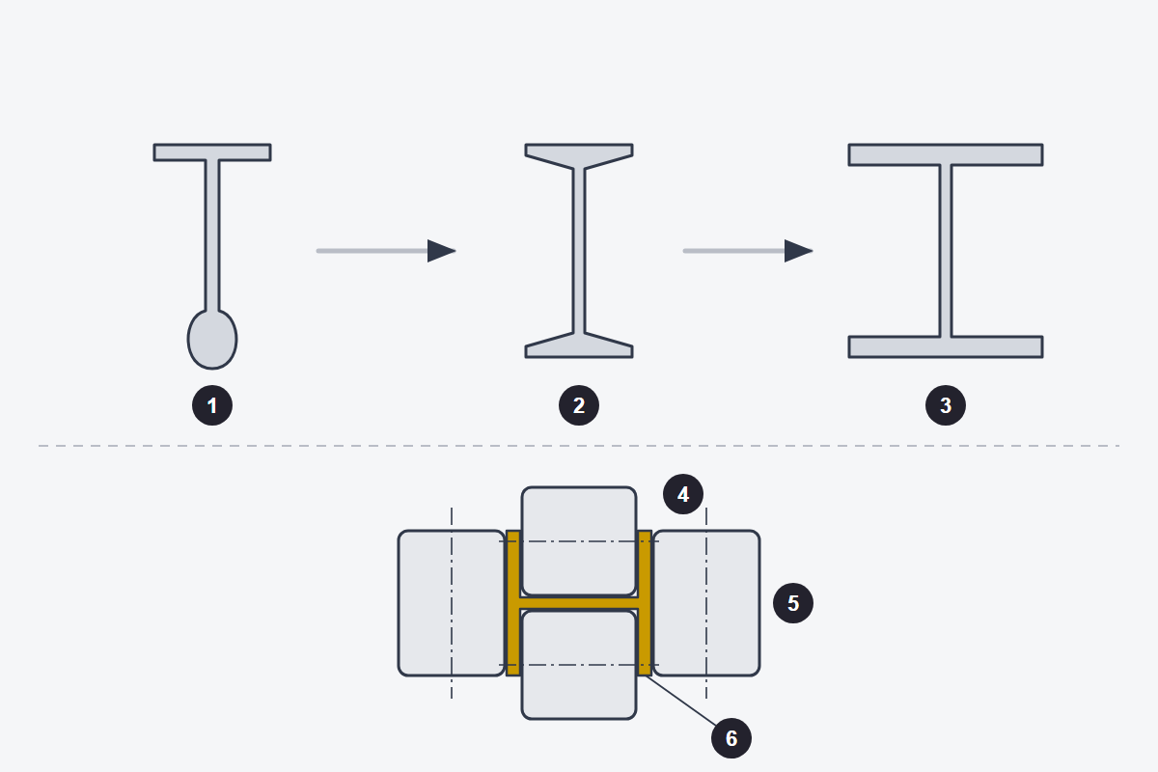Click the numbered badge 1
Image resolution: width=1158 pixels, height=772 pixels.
pyautogui.click(x=212, y=405)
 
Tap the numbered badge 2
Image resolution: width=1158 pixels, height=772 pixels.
pyautogui.click(x=579, y=405)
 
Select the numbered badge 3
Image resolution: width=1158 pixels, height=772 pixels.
pyautogui.click(x=946, y=405)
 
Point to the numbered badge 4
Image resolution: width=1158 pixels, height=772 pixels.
pyautogui.click(x=683, y=494)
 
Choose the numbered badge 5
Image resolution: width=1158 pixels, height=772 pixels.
pyautogui.click(x=793, y=603)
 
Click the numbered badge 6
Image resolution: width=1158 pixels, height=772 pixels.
pyautogui.click(x=731, y=738)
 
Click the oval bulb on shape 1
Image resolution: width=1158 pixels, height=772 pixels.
pyautogui.click(x=212, y=340)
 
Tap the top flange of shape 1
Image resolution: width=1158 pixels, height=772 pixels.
pyautogui.click(x=212, y=152)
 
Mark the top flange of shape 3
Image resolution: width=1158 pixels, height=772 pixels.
pyautogui.click(x=946, y=154)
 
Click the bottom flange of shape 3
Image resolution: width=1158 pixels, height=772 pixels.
pyautogui.click(x=946, y=347)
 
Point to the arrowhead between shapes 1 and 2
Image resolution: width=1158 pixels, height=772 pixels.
pyautogui.click(x=441, y=251)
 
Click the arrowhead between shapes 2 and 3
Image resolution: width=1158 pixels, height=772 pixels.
pyautogui.click(x=798, y=251)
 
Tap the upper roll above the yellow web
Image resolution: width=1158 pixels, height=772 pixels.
pyautogui.click(x=579, y=541)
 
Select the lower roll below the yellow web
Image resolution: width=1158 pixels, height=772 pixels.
pyautogui.click(x=579, y=665)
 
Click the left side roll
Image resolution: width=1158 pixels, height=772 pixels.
pyautogui.click(x=452, y=603)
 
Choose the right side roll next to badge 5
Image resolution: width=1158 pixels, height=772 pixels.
pyautogui.click(x=706, y=603)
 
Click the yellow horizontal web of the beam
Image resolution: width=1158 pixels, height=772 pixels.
pyautogui.click(x=579, y=603)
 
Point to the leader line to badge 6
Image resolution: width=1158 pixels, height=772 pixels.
pyautogui.click(x=681, y=701)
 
